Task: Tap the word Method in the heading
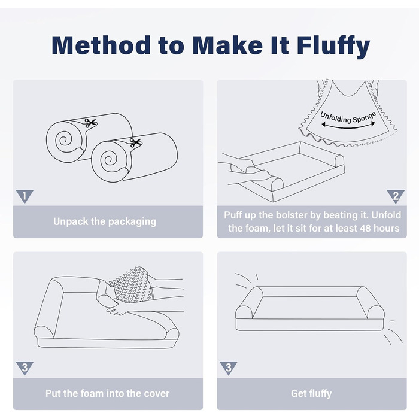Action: pos(101,45)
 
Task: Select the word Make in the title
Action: pos(227,45)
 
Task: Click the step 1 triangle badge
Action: pos(25,196)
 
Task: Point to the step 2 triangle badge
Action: pos(396,196)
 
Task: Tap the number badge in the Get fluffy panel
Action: pos(229,368)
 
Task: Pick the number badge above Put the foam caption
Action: pos(25,368)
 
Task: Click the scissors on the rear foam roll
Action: pos(90,123)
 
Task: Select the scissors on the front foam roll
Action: pos(136,142)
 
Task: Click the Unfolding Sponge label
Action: pos(348,117)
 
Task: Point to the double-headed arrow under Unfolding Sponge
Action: pos(348,126)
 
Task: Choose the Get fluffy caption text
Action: pos(311,394)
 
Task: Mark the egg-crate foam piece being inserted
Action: pos(131,284)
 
